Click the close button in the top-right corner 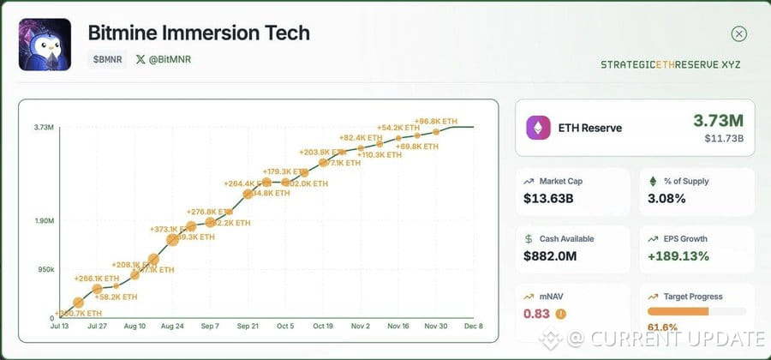pyautogui.click(x=738, y=34)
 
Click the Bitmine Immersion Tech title pyautogui.click(x=199, y=33)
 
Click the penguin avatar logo pyautogui.click(x=45, y=45)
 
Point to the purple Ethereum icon pyautogui.click(x=539, y=128)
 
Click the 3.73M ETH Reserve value pyautogui.click(x=719, y=121)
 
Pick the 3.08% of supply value pyautogui.click(x=666, y=199)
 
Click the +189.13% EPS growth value pyautogui.click(x=678, y=255)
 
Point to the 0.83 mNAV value pyautogui.click(x=536, y=314)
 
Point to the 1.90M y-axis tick pyautogui.click(x=45, y=221)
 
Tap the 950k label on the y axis pyautogui.click(x=45, y=270)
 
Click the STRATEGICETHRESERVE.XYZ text pyautogui.click(x=670, y=65)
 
